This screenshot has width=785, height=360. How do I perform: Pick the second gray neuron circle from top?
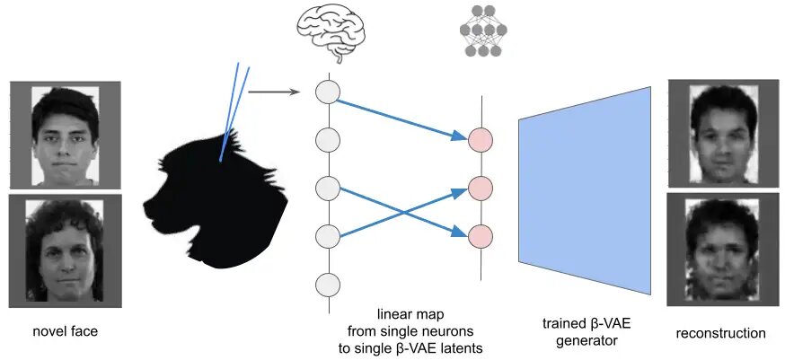click(329, 140)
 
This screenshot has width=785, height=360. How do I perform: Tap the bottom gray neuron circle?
click(329, 285)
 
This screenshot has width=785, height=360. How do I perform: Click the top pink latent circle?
click(481, 139)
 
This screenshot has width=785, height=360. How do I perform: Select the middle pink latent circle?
click(481, 188)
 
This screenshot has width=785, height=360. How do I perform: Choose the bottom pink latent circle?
click(481, 235)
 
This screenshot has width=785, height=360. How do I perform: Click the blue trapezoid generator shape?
click(585, 188)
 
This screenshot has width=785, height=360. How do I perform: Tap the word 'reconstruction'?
click(721, 333)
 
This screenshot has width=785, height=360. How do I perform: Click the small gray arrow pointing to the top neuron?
click(274, 91)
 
